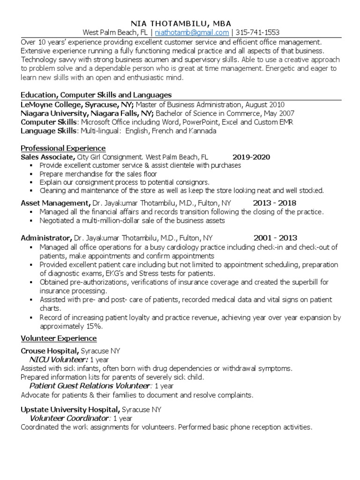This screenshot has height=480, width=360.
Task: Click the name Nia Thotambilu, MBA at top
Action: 180,23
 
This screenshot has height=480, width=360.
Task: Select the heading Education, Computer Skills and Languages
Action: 96,95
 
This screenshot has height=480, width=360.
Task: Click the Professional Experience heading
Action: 63,148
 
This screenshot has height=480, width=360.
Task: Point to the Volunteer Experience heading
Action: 59,338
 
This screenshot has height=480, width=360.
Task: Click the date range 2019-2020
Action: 251,157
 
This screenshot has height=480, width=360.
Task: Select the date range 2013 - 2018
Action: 275,203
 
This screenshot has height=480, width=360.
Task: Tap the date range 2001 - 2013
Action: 275,238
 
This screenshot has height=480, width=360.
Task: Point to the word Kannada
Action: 203,131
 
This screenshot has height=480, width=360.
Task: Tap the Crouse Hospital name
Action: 50,351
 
